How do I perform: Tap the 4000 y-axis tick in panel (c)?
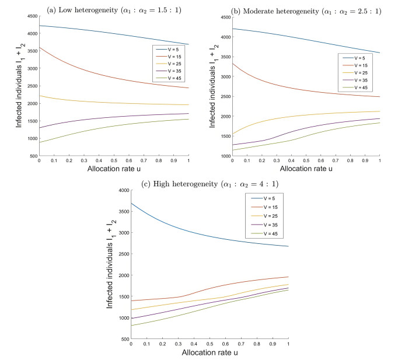pos(121,190)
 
